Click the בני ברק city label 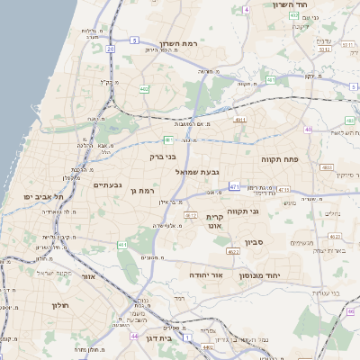click(164, 157)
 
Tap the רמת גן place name click(142, 190)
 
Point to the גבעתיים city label click(107, 184)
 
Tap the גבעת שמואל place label click(191, 171)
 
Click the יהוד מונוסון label click(287, 275)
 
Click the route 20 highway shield click(111, 49)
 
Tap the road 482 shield click(145, 88)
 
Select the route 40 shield click(308, 130)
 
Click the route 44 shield click(133, 336)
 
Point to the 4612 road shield click(191, 216)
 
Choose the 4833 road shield click(326, 166)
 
